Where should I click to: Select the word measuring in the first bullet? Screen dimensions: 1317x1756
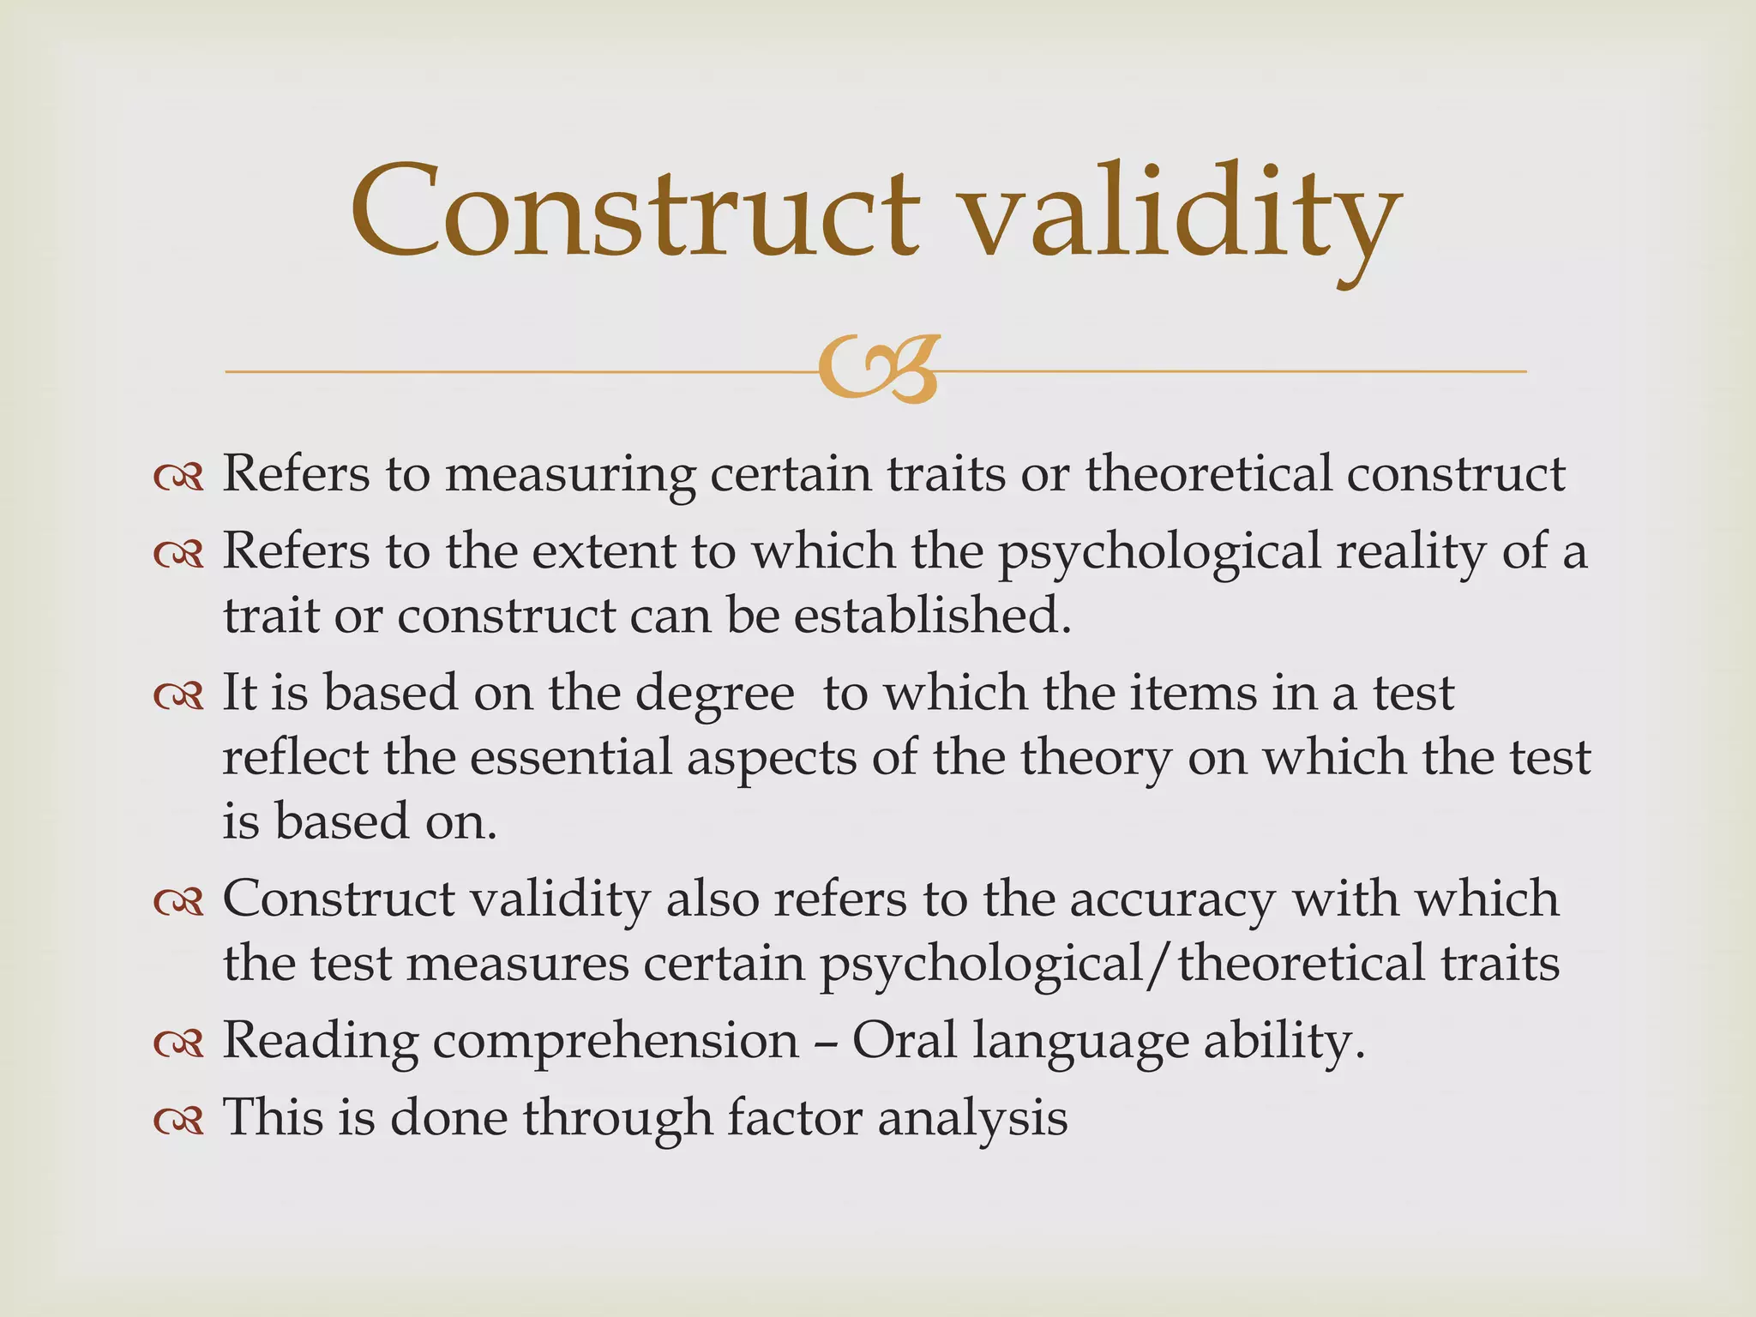click(569, 474)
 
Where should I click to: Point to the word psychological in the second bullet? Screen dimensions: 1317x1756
click(1158, 552)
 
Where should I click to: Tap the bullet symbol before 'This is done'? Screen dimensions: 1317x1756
click(178, 1119)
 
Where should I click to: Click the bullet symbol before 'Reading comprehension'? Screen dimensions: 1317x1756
click(178, 1043)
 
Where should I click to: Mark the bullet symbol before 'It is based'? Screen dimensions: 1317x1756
click(178, 695)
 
